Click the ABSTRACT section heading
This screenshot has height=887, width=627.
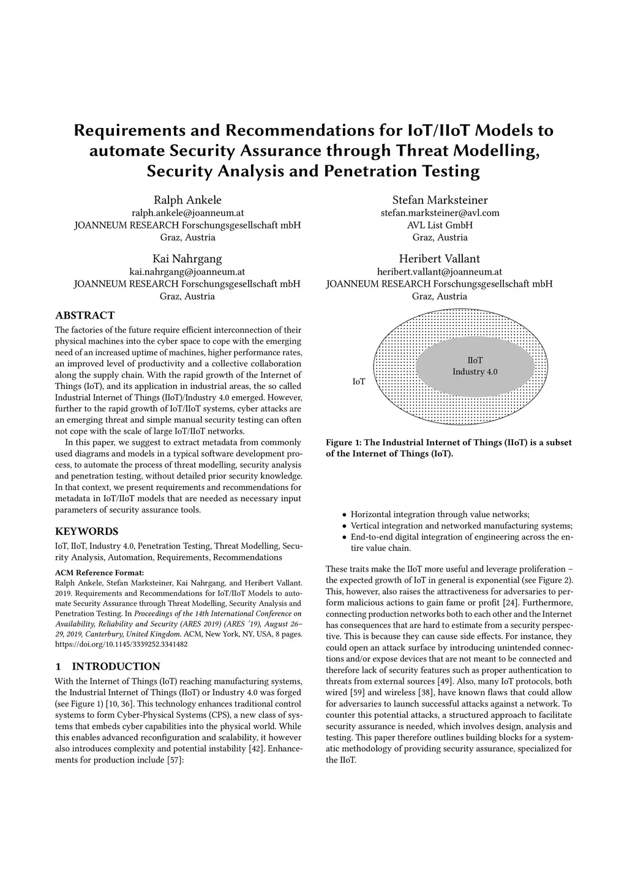pos(84,315)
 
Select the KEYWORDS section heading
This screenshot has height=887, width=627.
pos(86,531)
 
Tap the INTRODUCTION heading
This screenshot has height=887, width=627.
pos(116,666)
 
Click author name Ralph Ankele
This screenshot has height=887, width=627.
pos(187,200)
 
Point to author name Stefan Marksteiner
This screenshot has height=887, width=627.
pos(440,200)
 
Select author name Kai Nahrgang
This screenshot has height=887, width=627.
pos(187,259)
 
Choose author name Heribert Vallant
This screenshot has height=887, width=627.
pos(439,259)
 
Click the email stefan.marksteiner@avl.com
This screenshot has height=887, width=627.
pos(440,213)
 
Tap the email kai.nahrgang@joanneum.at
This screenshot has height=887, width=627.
pos(187,271)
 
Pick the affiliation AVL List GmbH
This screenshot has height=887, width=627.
pos(440,225)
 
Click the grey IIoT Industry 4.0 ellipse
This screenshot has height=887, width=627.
pos(475,366)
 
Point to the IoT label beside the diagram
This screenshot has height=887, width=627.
pos(359,382)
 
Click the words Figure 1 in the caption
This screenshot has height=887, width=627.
pos(345,442)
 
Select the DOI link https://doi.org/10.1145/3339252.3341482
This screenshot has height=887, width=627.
pos(121,644)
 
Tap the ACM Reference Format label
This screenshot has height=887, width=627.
pos(99,573)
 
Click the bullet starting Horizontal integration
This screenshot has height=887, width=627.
pos(440,515)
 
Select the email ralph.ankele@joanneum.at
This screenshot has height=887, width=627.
pos(187,213)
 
